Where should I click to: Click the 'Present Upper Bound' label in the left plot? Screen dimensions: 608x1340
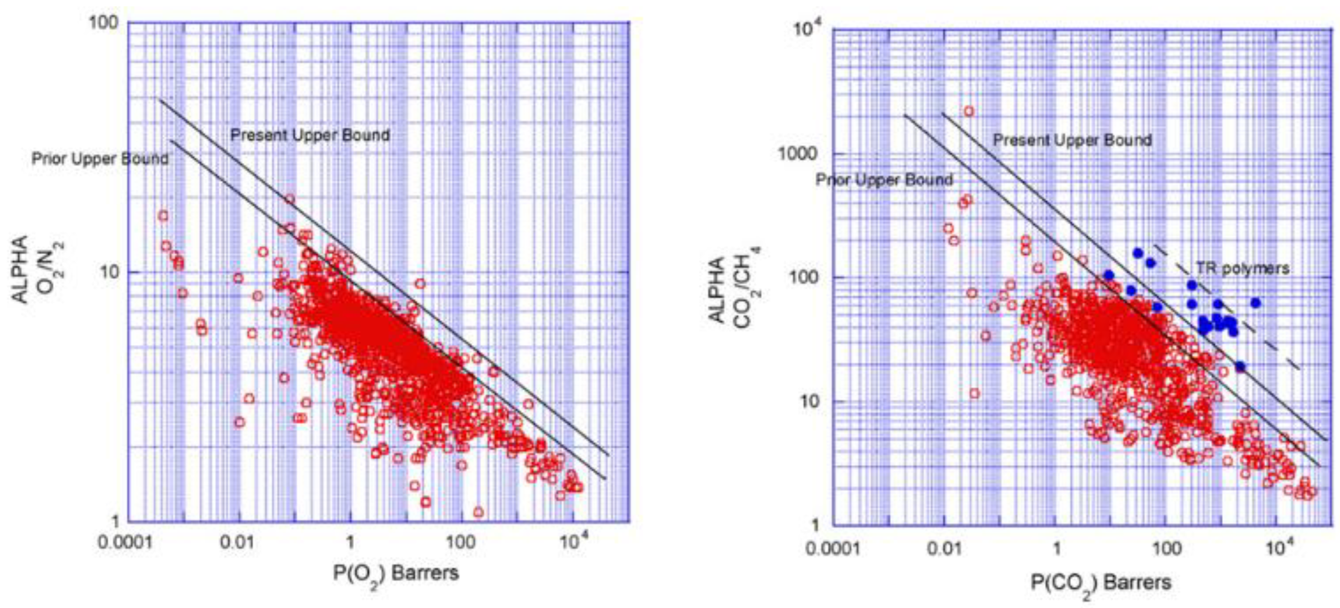pos(310,135)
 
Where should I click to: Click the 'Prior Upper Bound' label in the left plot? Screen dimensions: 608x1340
pos(100,159)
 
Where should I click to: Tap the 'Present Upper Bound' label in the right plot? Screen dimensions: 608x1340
pos(1072,140)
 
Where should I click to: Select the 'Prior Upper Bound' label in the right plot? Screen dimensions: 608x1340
pos(884,180)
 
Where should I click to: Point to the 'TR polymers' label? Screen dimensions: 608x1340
pos(1241,268)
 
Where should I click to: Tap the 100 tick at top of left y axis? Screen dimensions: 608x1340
pos(105,24)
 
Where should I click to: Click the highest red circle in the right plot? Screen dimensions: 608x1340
pos(968,111)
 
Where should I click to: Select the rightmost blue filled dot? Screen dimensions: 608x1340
pos(1255,303)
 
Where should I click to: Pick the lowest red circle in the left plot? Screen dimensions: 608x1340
pos(479,513)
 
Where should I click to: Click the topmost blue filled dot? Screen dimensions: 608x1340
pos(1137,253)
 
